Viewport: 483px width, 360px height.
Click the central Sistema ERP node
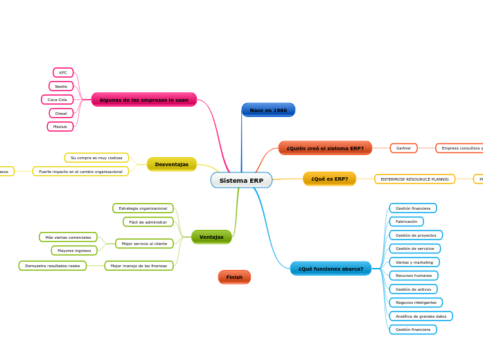point(241,181)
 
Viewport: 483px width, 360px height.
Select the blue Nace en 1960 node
point(268,110)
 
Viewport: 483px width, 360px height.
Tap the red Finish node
point(234,277)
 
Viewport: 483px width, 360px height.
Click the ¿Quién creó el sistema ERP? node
point(325,148)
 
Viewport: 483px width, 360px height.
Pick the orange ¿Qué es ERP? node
point(329,179)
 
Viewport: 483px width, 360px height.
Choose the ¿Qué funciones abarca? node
point(331,269)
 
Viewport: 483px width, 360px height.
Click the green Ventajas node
point(211,237)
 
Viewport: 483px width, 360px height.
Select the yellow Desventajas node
point(172,164)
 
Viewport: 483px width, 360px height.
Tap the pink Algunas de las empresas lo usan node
point(144,100)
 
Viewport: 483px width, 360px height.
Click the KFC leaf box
point(63,73)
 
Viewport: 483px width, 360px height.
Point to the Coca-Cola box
point(58,100)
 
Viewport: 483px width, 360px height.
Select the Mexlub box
point(60,127)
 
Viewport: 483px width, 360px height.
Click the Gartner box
point(403,148)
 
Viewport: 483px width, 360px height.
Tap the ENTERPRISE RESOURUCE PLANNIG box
point(414,179)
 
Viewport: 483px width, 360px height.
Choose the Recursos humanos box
point(413,276)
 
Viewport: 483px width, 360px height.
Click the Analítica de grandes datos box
point(421,316)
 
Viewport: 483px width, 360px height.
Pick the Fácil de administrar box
point(148,222)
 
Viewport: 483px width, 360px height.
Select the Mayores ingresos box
point(74,251)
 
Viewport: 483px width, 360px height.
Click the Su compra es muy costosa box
point(96,158)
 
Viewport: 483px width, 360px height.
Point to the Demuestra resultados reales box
point(53,266)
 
